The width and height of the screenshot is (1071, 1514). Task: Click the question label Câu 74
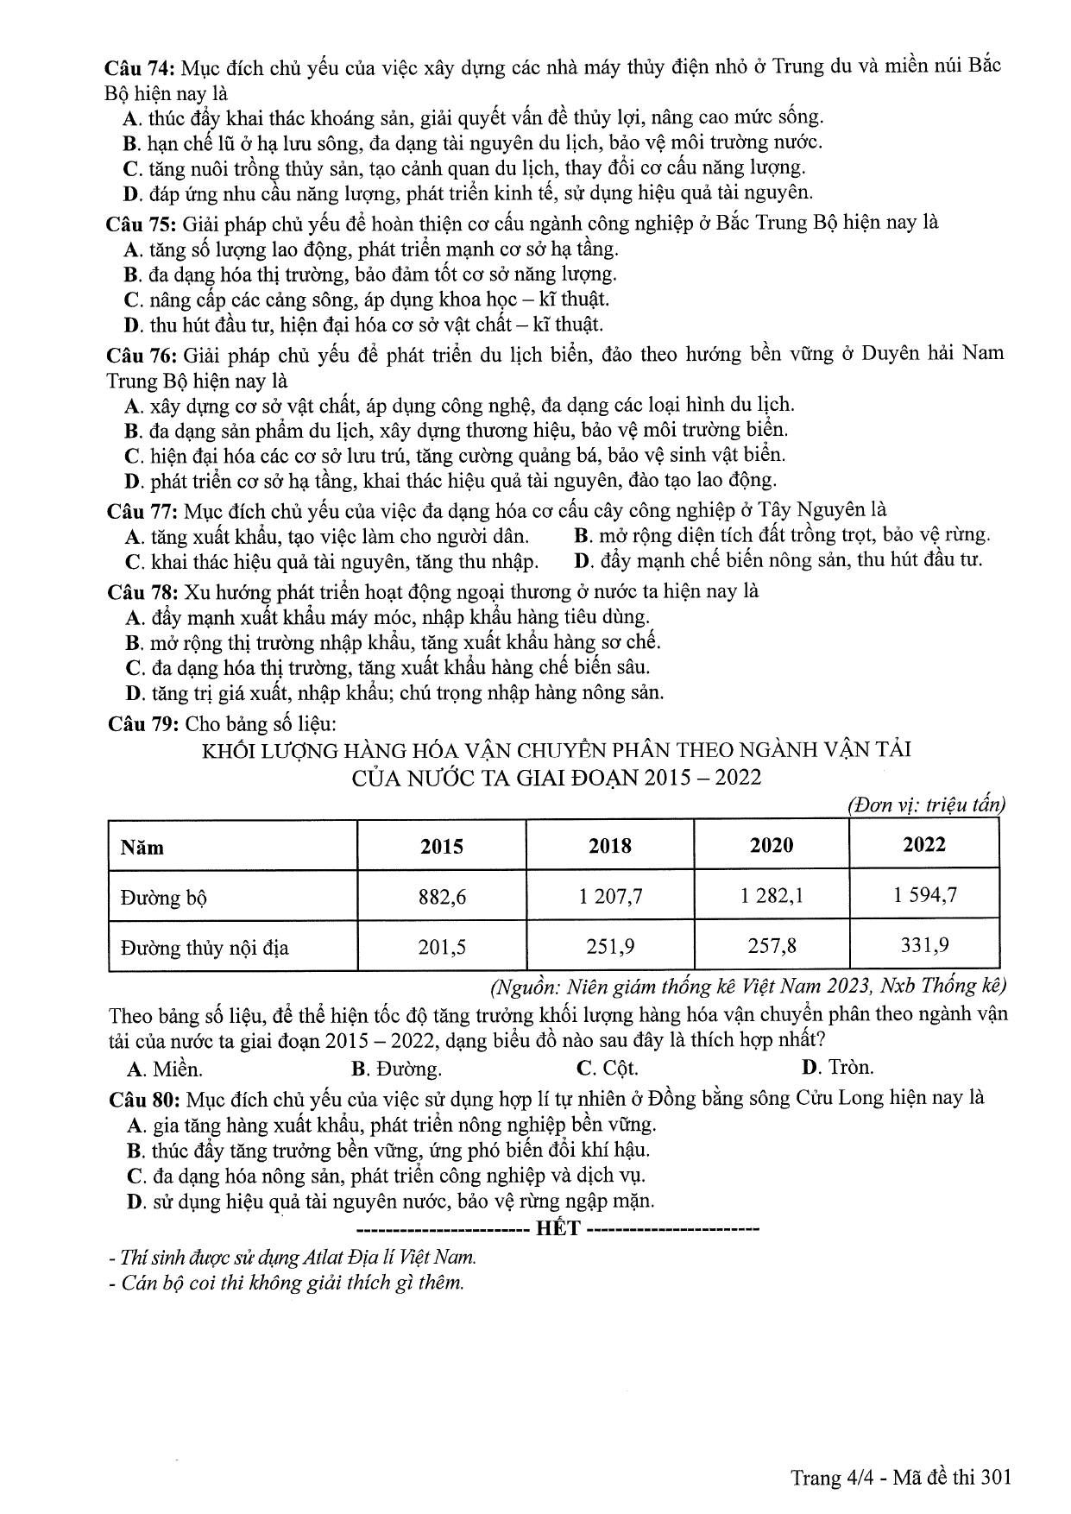point(140,67)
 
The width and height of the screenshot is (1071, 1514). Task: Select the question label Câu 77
point(142,510)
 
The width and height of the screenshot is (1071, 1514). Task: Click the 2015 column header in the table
point(441,846)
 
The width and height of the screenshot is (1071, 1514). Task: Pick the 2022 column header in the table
point(923,845)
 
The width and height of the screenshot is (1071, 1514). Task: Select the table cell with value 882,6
point(441,898)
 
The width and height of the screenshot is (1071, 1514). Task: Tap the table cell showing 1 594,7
point(924,895)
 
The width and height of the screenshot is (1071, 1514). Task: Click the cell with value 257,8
point(772,947)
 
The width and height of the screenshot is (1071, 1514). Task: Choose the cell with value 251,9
point(610,947)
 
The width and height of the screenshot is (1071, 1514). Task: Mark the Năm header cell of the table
point(142,847)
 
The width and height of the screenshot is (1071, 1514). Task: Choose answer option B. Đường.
point(397,1069)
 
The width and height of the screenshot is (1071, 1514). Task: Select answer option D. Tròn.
point(837,1068)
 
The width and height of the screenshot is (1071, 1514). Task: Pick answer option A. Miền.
point(165,1069)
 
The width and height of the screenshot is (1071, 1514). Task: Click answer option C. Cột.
point(608,1069)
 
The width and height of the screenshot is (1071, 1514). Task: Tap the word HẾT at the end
point(558,1228)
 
